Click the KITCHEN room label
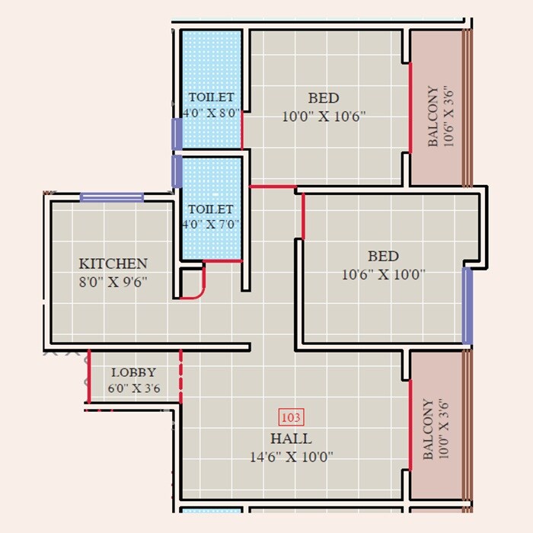tap(113, 263)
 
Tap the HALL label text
tap(291, 439)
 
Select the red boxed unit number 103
tap(292, 417)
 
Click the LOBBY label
tap(133, 372)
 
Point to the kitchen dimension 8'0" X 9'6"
tap(113, 281)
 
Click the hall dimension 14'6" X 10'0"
tap(291, 456)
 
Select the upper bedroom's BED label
tap(324, 98)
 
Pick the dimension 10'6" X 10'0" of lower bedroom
tap(383, 274)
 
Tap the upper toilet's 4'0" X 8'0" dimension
tap(211, 113)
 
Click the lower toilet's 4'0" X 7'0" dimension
tap(211, 225)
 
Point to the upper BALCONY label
tap(432, 116)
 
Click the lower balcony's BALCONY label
tap(429, 429)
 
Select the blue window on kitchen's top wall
tap(112, 197)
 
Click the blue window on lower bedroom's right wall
tap(468, 305)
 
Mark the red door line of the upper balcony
tap(410, 107)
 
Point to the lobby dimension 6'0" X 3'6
tap(133, 387)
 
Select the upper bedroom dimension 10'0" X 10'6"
tap(324, 116)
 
